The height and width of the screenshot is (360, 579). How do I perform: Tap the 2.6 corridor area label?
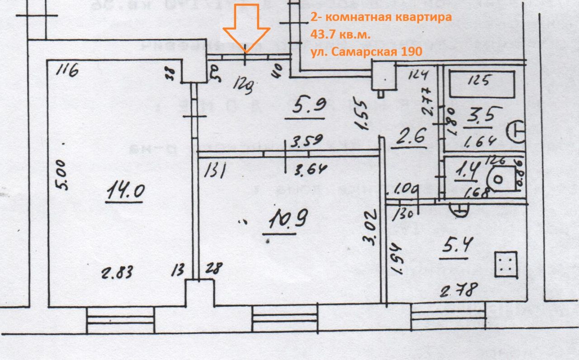pos(410,136)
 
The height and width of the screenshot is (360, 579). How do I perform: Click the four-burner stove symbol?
pos(505,264)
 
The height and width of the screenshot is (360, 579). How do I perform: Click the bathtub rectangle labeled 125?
pos(481,83)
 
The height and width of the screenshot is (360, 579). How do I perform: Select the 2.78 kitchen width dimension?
pos(458,289)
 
